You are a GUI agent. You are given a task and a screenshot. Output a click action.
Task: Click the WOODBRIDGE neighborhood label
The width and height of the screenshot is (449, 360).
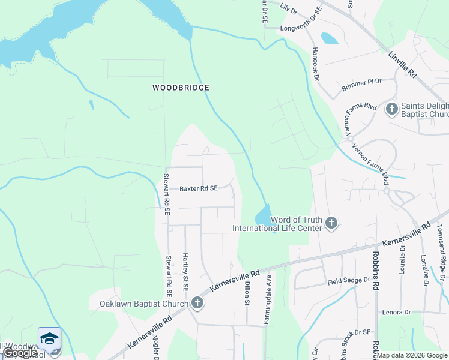(181, 88)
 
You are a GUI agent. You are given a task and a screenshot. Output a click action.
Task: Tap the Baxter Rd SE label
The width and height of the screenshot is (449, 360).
(199, 188)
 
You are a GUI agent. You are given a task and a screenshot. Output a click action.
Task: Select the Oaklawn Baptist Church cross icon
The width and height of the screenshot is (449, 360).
(197, 304)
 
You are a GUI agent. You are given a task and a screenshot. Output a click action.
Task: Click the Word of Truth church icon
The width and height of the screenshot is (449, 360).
(331, 224)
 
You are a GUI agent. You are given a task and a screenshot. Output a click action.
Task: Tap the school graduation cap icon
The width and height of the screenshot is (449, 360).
(49, 337)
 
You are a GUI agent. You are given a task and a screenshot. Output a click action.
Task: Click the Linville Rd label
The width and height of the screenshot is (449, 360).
(402, 65)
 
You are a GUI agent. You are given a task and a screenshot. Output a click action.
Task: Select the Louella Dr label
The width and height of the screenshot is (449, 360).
(402, 257)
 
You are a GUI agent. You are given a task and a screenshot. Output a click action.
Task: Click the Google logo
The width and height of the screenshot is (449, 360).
(20, 353)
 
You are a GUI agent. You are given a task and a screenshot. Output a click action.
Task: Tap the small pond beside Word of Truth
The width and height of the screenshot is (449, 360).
(264, 215)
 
